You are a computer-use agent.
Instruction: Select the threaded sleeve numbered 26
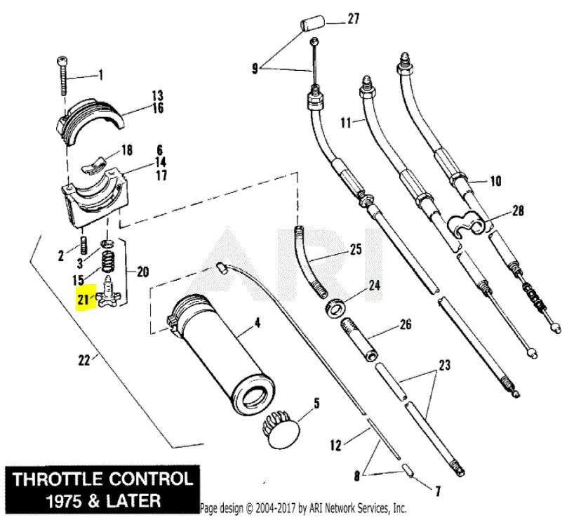coord(359,339)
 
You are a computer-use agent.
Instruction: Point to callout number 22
coord(84,360)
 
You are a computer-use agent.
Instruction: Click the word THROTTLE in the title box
coord(63,481)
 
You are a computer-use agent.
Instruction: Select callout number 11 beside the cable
coord(346,121)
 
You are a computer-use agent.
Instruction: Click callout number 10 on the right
coord(495,181)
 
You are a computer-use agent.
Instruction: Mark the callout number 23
coord(443,365)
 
